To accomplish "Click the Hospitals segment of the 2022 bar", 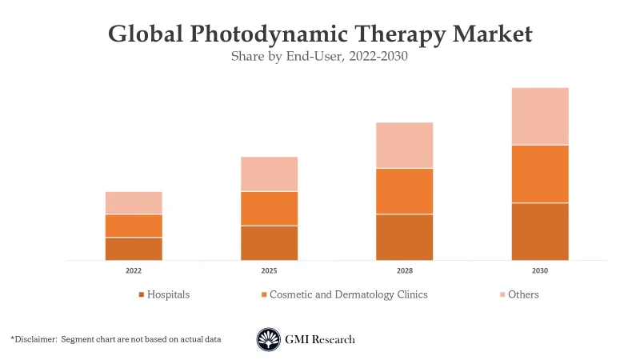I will tap(134, 249).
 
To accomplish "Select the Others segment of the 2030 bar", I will tap(540, 116).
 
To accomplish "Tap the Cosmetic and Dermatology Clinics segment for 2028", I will tap(405, 191).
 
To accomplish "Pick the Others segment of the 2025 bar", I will tap(270, 174).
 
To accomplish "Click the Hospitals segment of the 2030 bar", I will tap(540, 231).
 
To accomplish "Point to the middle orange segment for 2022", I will tap(134, 226).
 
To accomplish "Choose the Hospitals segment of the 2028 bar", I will tap(405, 237).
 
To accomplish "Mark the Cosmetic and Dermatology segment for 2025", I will tap(270, 208).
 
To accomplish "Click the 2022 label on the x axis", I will tap(134, 271).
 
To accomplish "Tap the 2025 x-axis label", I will tap(270, 271).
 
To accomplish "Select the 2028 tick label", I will tap(405, 271).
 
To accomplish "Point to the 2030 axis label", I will tap(540, 271).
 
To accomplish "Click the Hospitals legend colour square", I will tap(142, 295).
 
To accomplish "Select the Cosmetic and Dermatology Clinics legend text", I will tap(348, 294).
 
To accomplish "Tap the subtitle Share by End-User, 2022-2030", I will tap(319, 57).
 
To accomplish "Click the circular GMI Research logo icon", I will tap(268, 339).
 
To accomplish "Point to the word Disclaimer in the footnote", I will tap(35, 339).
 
